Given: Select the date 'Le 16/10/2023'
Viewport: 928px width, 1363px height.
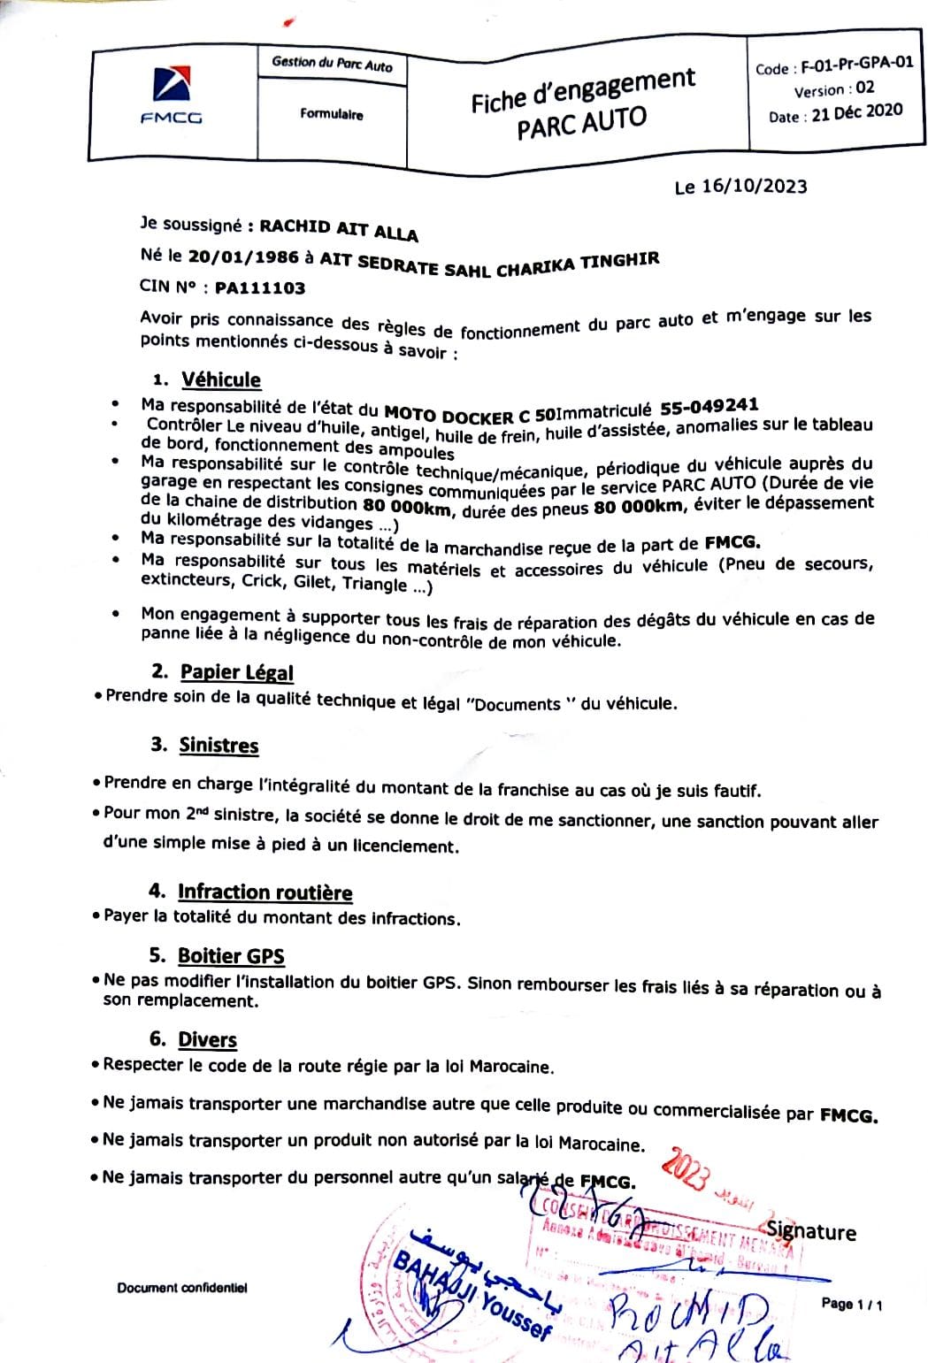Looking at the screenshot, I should tap(740, 186).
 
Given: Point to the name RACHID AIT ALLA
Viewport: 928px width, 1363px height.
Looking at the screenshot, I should tap(338, 229).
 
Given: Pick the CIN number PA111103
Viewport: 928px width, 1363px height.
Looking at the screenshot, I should tap(260, 288).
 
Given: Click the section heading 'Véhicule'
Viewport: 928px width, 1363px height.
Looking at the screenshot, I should tap(221, 379).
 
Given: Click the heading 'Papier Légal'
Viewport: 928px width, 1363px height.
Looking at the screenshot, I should tap(236, 672).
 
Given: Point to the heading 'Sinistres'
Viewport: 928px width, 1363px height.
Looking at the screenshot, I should tap(219, 745).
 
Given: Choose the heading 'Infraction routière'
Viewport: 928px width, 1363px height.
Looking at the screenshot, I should tap(265, 892).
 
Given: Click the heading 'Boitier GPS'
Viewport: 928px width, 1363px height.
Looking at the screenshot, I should tap(231, 955).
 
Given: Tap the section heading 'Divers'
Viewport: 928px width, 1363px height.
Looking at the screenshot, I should tap(207, 1039).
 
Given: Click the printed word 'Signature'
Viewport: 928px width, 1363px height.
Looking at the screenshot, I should tap(811, 1231).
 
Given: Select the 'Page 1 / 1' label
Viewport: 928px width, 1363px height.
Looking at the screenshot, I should tap(851, 1304).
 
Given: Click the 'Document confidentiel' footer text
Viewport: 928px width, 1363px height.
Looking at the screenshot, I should tap(182, 1288).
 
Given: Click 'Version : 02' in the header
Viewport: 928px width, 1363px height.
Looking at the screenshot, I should tap(833, 89).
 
